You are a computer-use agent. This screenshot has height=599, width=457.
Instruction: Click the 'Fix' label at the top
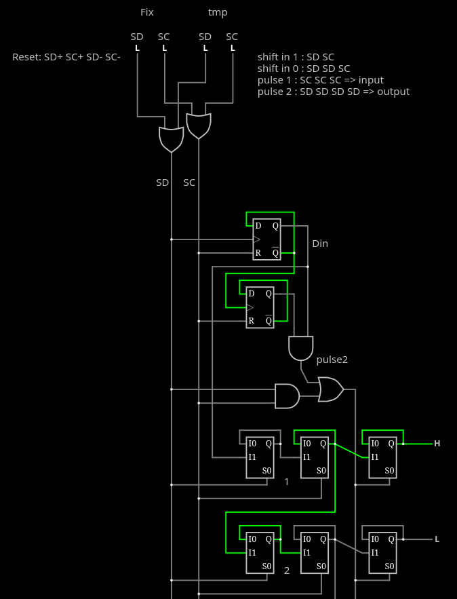point(147,12)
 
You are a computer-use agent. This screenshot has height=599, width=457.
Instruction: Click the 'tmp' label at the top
point(218,13)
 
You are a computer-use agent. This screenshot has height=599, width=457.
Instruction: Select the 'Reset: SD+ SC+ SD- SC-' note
point(66,57)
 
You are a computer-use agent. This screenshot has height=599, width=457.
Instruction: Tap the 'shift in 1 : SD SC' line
point(296,57)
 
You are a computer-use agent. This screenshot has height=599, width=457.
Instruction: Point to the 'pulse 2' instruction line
point(334,92)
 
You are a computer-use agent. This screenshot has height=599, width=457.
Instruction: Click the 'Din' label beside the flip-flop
point(320,244)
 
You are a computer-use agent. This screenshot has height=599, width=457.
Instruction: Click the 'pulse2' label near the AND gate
point(332,360)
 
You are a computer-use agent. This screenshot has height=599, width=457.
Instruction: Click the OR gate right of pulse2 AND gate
point(331,389)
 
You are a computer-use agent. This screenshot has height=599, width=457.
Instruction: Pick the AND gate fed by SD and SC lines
point(287,396)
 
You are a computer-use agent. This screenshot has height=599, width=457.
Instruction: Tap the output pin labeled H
point(437,444)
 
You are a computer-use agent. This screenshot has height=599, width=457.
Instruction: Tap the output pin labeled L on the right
point(437,539)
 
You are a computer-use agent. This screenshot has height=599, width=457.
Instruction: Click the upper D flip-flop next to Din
point(267,239)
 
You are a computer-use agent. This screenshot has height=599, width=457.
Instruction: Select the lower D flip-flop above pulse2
point(260,307)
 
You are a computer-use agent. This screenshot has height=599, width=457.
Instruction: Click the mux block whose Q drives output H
point(382,458)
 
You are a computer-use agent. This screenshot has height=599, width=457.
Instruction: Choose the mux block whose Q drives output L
point(382,553)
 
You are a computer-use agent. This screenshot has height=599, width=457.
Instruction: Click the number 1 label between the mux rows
point(287,482)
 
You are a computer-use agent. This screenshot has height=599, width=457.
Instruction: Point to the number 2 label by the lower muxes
point(287,571)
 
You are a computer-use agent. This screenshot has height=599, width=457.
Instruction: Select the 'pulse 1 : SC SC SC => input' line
point(320,80)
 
